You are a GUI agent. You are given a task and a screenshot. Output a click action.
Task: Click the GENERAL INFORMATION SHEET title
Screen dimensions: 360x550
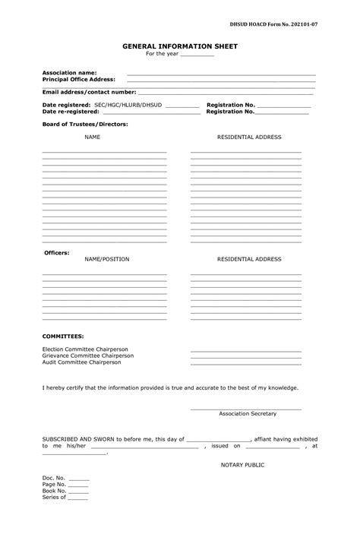180,46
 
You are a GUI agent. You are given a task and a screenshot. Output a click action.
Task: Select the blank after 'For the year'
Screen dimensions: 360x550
197,55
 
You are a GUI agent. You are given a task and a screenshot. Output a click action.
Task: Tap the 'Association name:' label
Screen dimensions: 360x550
69,72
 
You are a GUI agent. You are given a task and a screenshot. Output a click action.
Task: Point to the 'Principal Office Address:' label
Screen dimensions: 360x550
78,79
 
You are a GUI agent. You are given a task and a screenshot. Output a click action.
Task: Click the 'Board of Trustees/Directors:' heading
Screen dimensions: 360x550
84,123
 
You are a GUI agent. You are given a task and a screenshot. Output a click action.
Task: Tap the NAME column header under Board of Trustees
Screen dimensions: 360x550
92,137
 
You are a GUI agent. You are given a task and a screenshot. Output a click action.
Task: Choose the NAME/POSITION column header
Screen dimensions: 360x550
106,259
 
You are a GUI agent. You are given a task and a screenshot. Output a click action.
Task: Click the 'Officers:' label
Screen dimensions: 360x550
56,252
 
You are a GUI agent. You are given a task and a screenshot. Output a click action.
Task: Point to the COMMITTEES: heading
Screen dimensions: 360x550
62,335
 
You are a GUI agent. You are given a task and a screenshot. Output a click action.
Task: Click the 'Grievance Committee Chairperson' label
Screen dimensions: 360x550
87,356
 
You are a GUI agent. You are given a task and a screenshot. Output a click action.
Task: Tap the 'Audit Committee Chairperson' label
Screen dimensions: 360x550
81,362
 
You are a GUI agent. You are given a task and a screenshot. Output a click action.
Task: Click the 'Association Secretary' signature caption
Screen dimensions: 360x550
248,413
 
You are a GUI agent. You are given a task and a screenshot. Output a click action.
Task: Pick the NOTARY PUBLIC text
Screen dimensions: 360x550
242,464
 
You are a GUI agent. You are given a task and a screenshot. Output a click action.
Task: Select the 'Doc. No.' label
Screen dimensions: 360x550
54,478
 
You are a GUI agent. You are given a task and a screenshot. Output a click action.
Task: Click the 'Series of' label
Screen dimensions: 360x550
54,498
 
